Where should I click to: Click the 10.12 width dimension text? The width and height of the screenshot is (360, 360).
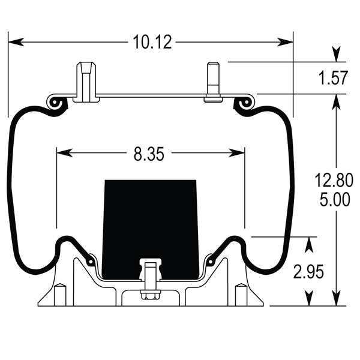click(x=152, y=42)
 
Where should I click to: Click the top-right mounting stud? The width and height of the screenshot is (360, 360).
click(x=213, y=82)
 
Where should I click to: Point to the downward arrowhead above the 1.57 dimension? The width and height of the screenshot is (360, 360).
click(x=337, y=55)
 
